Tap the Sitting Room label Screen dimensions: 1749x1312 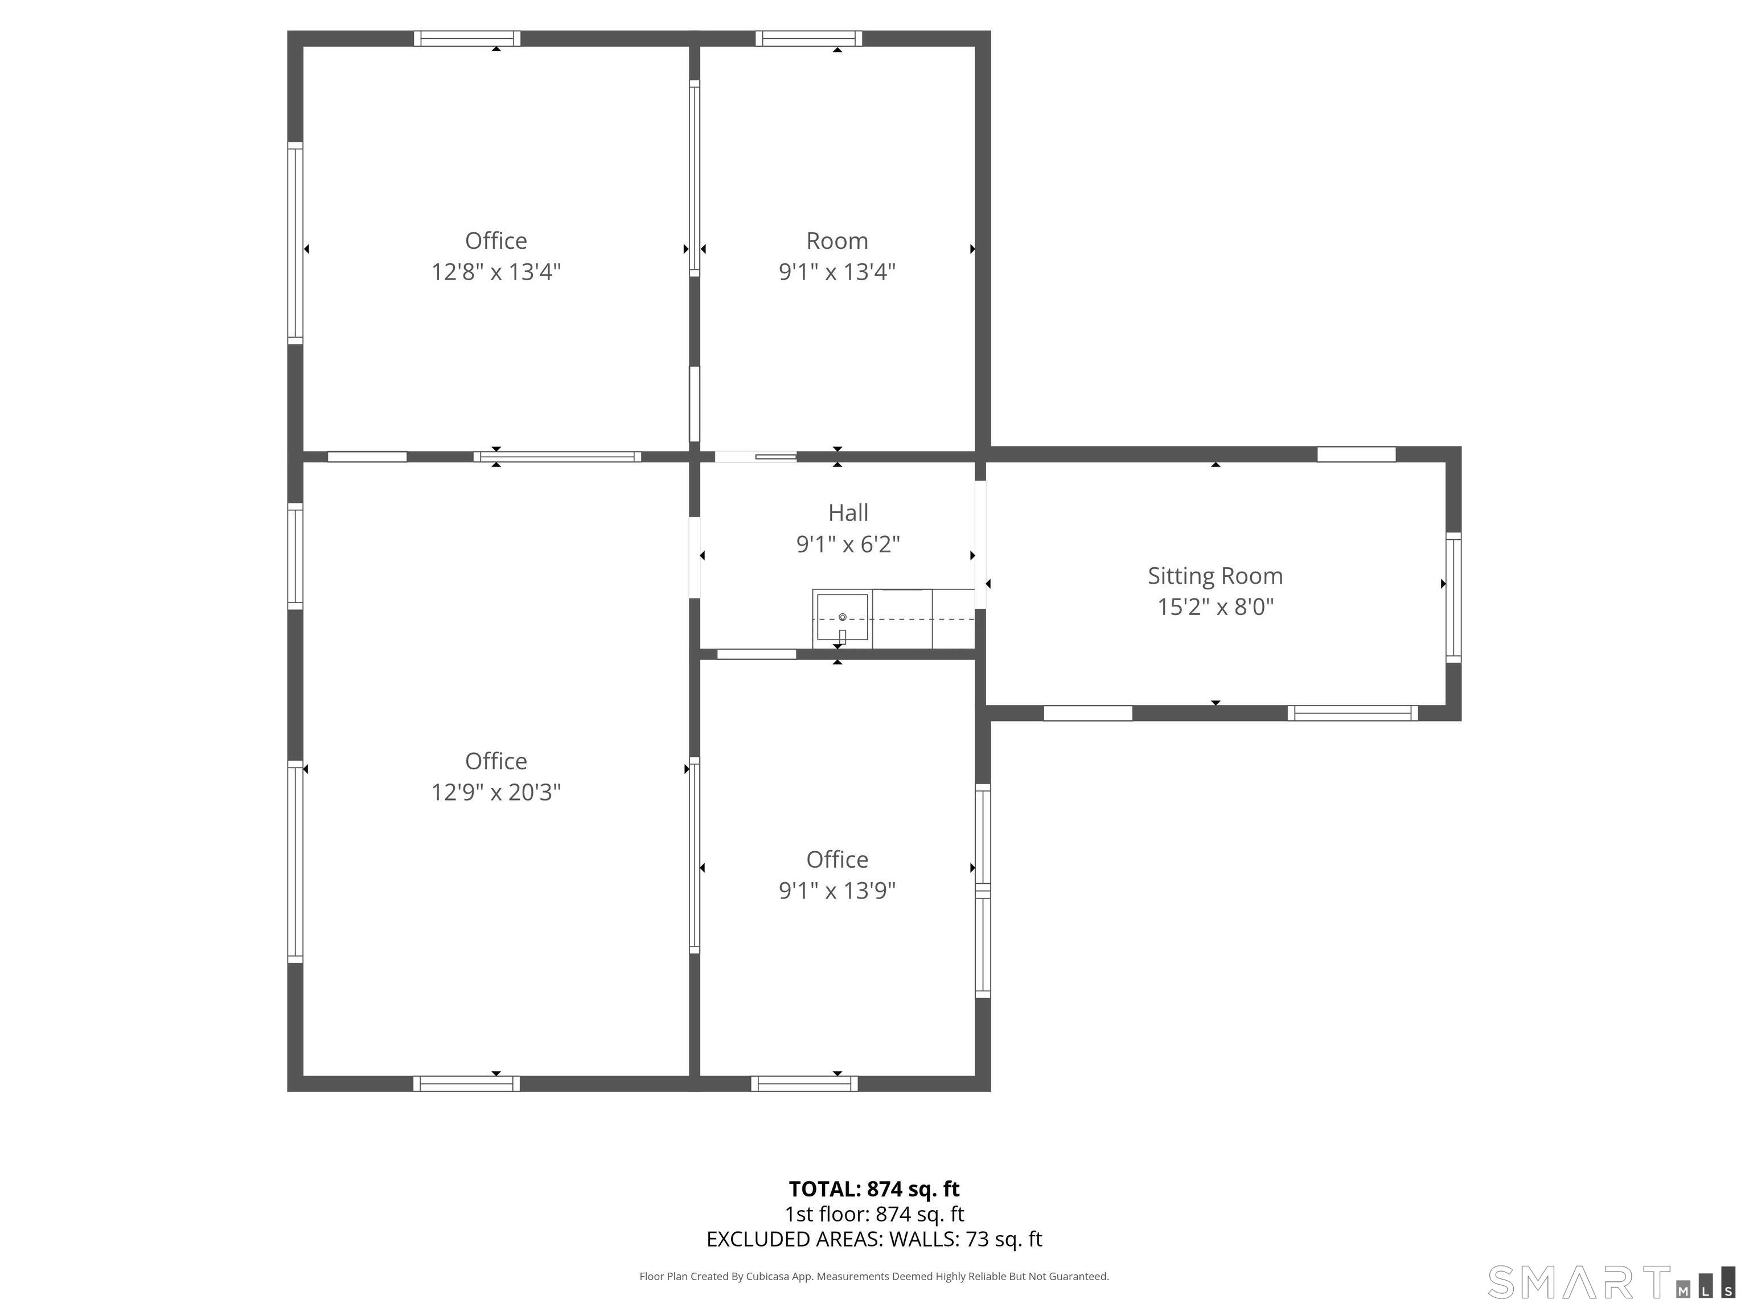tap(1216, 576)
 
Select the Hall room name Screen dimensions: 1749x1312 tap(848, 512)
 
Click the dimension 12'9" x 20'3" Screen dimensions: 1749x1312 tap(496, 792)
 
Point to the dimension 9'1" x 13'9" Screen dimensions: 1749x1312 tap(837, 891)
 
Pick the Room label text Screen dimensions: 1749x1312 tap(837, 240)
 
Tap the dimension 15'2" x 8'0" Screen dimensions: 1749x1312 tap(1216, 606)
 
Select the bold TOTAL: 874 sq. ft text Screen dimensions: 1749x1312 tap(874, 1188)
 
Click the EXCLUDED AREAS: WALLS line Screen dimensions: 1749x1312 tap(874, 1239)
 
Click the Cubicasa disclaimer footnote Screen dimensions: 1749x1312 tap(874, 1277)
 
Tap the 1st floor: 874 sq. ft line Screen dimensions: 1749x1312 tap(874, 1214)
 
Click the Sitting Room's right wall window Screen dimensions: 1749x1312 tap(1454, 598)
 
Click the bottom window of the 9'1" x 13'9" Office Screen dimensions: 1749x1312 tap(804, 1084)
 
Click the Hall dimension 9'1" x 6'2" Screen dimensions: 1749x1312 tap(848, 544)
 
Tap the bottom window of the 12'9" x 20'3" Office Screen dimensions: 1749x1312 tap(466, 1084)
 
